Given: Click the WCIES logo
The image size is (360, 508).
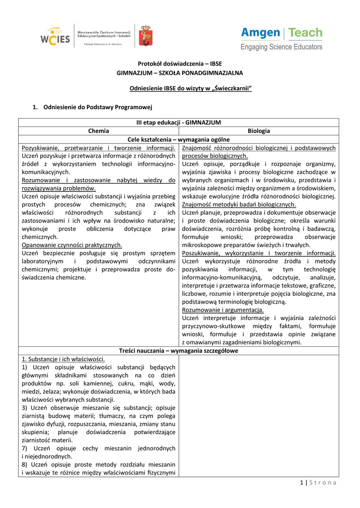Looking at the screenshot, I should click(56, 37).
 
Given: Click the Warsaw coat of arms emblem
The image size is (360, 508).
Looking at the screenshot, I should click(145, 36).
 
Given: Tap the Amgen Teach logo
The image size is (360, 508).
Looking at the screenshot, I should click(282, 34).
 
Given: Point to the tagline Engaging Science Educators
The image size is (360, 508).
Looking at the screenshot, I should click(282, 47).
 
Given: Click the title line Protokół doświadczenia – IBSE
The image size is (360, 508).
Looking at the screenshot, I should click(180, 63).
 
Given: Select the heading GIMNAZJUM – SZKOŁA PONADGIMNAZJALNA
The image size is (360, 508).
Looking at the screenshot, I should click(180, 73).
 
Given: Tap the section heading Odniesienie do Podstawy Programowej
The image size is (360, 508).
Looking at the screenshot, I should click(97, 107).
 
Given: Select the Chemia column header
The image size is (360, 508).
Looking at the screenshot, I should click(99, 131).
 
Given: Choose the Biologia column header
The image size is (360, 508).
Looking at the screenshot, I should click(259, 131).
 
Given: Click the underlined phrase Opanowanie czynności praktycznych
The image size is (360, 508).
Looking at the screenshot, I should click(72, 245).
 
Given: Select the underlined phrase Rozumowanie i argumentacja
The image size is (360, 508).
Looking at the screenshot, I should click(223, 310).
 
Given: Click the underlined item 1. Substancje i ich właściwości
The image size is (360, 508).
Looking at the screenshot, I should click(63, 359).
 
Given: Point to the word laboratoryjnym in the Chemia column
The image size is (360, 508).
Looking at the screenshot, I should click(43, 261).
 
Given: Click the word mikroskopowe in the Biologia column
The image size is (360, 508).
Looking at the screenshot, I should click(204, 245).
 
